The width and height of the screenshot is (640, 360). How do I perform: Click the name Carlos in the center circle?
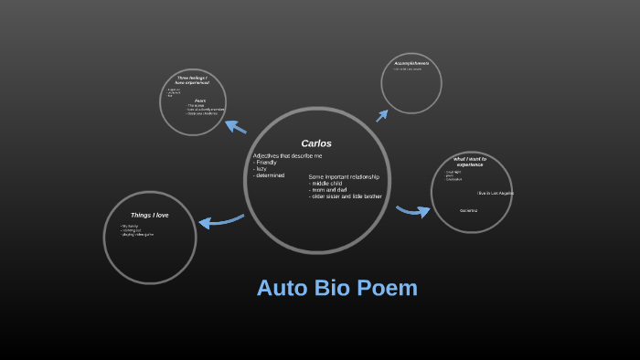(x=316, y=143)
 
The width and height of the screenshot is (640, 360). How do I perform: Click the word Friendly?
(x=266, y=163)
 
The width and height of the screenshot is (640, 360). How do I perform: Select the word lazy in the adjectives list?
(x=261, y=169)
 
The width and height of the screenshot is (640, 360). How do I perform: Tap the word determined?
(x=270, y=175)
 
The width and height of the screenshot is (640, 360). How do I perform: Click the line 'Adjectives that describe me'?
(x=287, y=156)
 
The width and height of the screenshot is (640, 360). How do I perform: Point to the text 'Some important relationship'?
(x=344, y=176)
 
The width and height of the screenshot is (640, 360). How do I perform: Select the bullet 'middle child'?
(x=330, y=183)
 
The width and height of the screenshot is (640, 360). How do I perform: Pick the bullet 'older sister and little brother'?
(x=347, y=196)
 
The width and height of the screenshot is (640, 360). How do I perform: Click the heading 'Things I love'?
(x=149, y=215)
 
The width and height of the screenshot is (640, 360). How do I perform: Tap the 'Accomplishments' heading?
(x=411, y=63)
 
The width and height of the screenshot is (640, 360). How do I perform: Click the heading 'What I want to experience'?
(x=470, y=162)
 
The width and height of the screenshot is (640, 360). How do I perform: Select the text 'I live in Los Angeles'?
(x=496, y=193)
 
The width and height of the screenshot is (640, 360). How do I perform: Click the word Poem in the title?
(x=383, y=288)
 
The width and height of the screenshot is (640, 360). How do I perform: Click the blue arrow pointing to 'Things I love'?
(x=219, y=220)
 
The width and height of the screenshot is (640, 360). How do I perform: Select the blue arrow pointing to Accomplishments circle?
(x=381, y=115)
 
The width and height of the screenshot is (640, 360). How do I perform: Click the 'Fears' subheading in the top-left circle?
(x=199, y=101)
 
